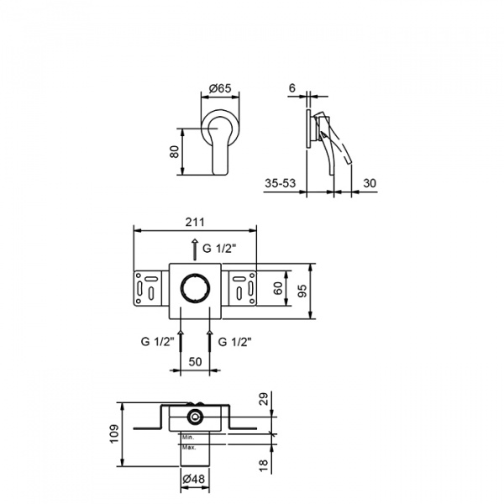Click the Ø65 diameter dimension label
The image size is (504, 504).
(220, 87)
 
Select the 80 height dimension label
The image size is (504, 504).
(174, 152)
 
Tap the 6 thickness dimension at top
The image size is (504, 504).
(291, 87)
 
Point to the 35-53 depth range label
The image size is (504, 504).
(280, 183)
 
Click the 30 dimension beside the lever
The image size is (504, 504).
(370, 183)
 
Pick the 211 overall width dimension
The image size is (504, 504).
(195, 222)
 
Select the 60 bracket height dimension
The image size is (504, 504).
(278, 287)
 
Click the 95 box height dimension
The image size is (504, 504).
(302, 291)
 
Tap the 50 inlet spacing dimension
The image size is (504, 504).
(195, 362)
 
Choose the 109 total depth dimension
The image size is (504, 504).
(114, 434)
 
